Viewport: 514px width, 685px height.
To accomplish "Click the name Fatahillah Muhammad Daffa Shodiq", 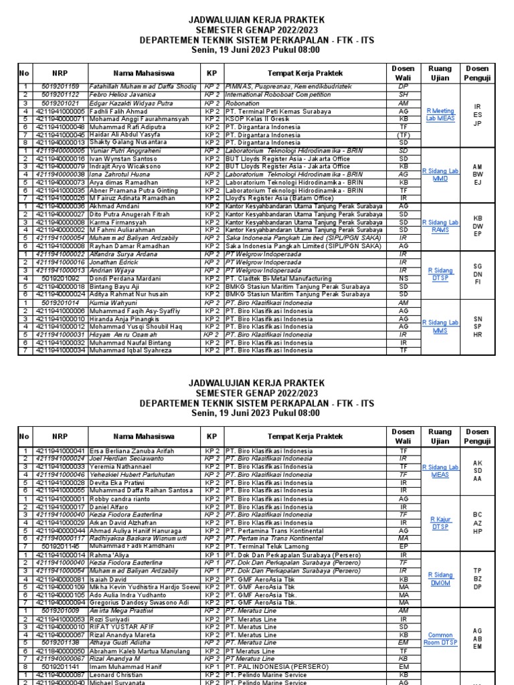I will [143, 86].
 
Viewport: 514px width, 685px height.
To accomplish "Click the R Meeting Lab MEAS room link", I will [440, 114].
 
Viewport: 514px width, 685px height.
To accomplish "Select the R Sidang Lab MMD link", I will [440, 175].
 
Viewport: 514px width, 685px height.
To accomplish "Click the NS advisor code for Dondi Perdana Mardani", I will [403, 278].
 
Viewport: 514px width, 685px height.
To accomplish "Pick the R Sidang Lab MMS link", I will [440, 326].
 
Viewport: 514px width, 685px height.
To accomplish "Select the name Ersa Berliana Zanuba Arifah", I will [132, 452].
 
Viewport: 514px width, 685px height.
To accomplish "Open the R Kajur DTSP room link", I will [440, 522].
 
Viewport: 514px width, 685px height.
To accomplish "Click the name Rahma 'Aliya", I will [108, 555].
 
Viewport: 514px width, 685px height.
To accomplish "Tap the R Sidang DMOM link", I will [440, 579].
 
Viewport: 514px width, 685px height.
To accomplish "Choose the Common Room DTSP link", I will [440, 639].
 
